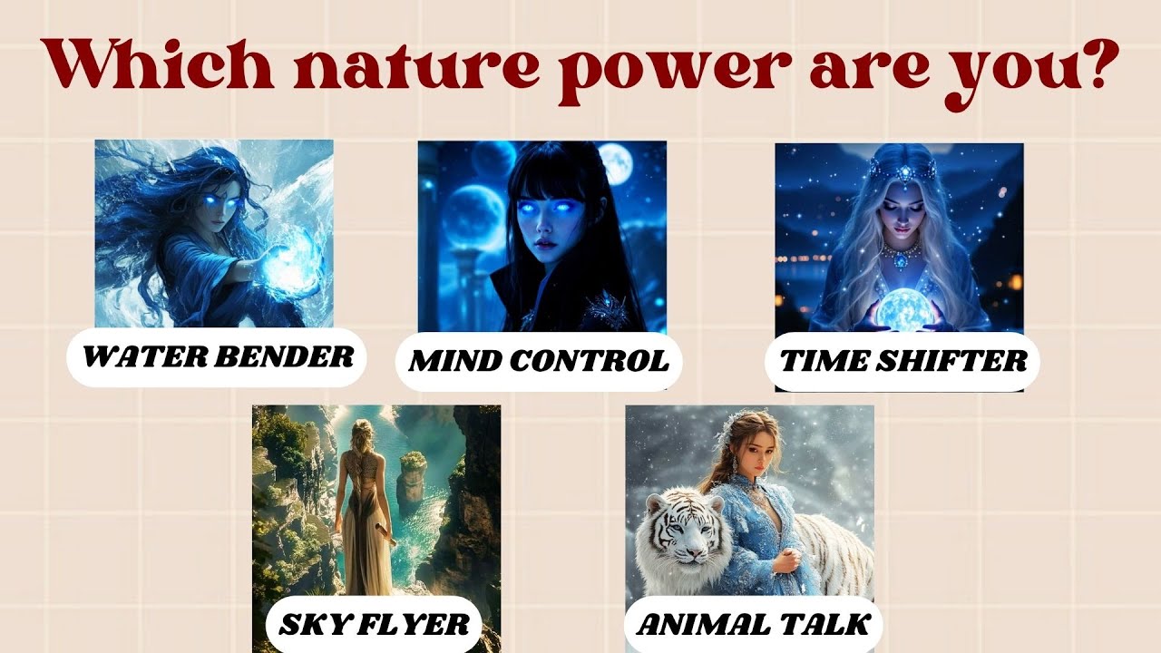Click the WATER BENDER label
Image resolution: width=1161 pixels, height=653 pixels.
point(218,356)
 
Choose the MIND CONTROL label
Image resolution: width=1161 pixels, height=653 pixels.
point(539,361)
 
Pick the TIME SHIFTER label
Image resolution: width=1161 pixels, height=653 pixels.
point(903,362)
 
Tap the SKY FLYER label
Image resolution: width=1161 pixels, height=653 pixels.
point(374,624)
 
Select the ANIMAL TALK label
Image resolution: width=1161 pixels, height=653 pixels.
point(753,624)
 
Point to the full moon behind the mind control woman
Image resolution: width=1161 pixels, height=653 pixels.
point(615,164)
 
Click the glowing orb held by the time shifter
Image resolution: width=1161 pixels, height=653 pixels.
point(899,308)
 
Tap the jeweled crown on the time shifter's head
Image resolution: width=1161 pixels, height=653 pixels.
point(902,169)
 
